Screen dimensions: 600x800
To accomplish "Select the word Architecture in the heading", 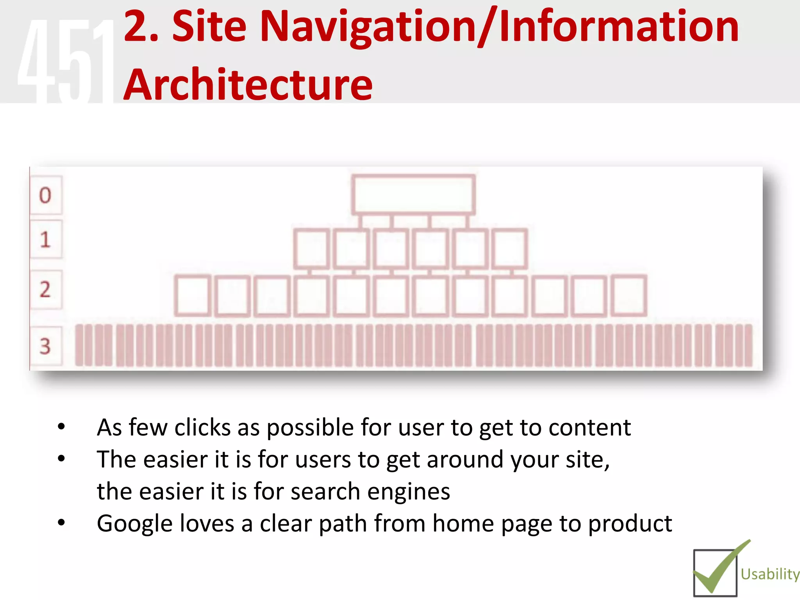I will pos(248,84).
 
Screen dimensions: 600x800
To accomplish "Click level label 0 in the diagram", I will pos(45,195).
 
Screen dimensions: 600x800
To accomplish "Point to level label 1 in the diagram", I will pos(45,239).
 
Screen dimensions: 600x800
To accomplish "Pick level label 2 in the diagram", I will pos(45,289).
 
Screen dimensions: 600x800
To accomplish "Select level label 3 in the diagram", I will pos(45,346).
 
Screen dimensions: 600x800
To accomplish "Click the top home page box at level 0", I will pos(413,195).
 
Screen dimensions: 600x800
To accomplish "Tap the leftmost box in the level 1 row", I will pos(311,249).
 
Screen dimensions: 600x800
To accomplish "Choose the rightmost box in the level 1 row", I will pos(510,249).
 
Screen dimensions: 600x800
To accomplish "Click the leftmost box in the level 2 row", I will pos(193,295).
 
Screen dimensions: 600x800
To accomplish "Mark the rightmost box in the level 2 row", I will pos(629,295).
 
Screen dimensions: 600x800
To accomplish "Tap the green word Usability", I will pos(770,574).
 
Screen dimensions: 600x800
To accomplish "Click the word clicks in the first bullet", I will pos(202,427).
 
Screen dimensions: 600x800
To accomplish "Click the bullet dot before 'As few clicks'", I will pos(61,427).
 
